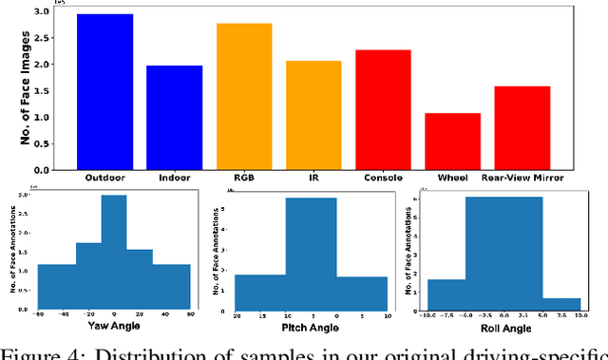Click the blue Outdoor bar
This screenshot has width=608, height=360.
(x=104, y=92)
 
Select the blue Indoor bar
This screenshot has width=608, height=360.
(x=174, y=118)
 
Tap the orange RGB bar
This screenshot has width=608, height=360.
(x=244, y=97)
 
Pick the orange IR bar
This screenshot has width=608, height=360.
(x=313, y=115)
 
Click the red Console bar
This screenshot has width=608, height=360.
(x=383, y=109)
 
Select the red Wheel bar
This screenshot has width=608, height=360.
(x=452, y=141)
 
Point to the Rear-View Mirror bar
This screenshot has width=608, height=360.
(x=522, y=127)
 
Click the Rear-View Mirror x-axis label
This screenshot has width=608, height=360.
(x=522, y=178)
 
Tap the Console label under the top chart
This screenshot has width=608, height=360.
(x=383, y=178)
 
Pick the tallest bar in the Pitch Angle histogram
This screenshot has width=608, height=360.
(x=311, y=252)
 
